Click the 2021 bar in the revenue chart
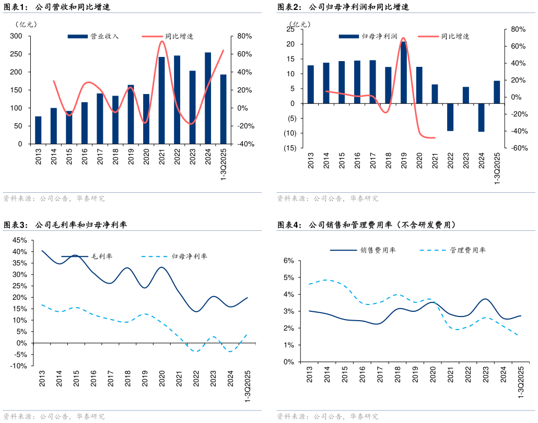tap(162, 100)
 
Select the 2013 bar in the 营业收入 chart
tap(38, 130)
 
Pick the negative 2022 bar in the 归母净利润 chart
tap(450, 117)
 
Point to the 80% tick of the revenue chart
tap(245, 36)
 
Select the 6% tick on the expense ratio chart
tap(289, 261)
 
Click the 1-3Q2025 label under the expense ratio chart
tap(521, 383)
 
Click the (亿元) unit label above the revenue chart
tap(27, 25)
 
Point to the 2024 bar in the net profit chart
tap(481, 118)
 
